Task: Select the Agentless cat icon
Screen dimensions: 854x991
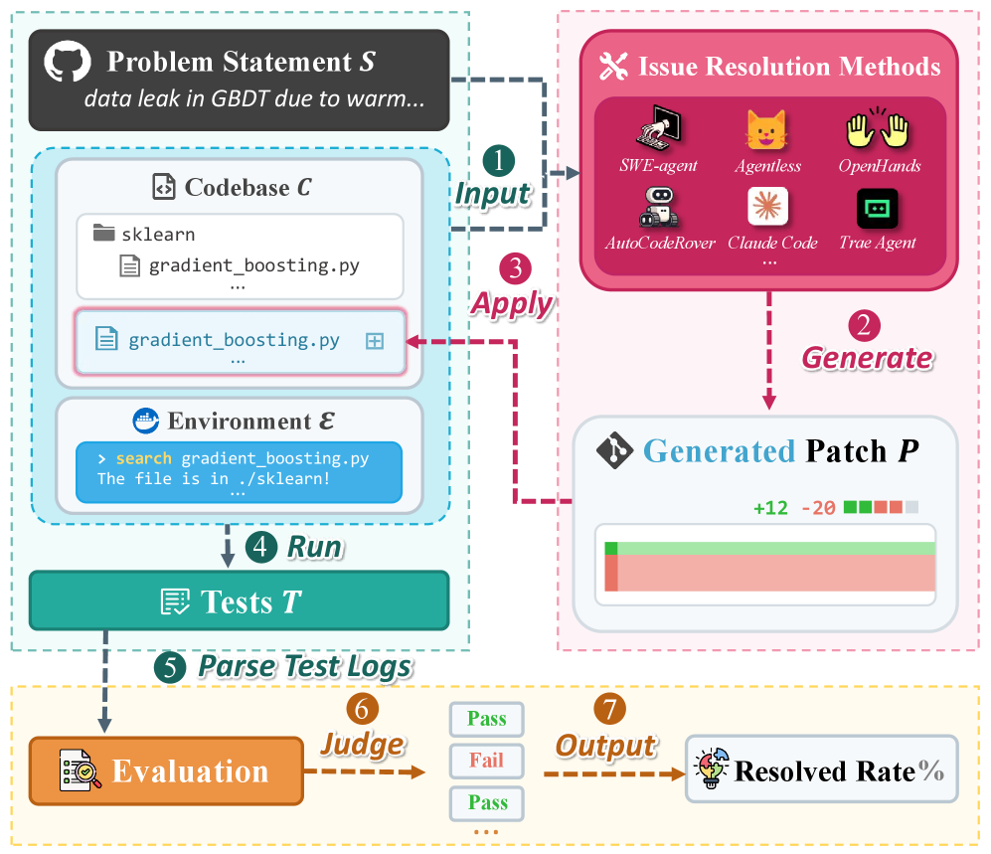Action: pos(766,130)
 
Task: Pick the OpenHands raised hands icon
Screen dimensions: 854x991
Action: pos(878,128)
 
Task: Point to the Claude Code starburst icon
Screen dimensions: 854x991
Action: pos(766,207)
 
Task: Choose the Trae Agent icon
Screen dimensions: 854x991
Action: pos(878,208)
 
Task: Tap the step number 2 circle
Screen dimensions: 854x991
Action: pos(864,325)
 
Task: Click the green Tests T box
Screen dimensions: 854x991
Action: pos(239,600)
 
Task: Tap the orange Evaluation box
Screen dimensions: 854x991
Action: pos(166,770)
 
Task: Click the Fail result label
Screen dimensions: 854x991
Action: pos(487,761)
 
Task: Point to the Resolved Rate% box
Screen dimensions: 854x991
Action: pos(821,770)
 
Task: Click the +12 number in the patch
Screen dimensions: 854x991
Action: pos(770,508)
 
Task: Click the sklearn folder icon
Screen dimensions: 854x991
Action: pos(103,234)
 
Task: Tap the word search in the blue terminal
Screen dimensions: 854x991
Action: pos(143,459)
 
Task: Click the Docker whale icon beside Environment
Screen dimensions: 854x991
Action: pos(146,421)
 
